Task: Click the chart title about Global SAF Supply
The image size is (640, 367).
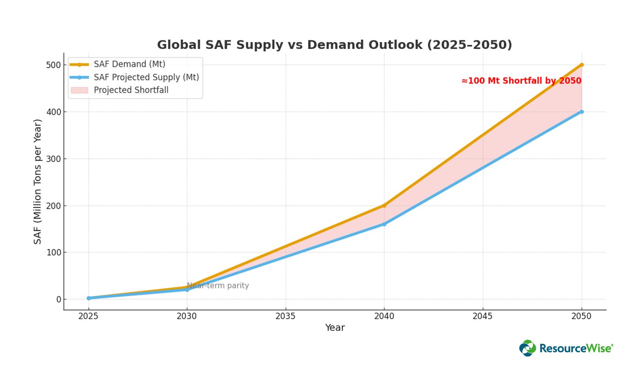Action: [334, 45]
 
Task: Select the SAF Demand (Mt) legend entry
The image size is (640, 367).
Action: [129, 65]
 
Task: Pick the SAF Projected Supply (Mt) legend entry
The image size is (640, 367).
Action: [146, 77]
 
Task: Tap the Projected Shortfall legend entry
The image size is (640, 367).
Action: [131, 90]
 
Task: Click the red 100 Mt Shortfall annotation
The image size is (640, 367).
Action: [521, 81]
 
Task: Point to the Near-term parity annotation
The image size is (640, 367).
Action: [218, 286]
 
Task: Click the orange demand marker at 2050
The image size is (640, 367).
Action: [581, 65]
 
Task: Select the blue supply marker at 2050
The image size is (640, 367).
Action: [581, 112]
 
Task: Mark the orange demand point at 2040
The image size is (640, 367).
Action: [384, 205]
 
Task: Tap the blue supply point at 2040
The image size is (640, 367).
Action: [384, 224]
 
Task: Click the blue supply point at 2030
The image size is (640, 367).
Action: [187, 290]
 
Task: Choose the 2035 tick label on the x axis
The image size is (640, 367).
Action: [286, 316]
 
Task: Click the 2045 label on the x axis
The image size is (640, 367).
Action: [483, 316]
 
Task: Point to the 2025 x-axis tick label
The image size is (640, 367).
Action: [89, 316]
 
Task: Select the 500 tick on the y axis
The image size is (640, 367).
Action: [53, 65]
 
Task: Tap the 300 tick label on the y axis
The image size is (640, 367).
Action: [53, 159]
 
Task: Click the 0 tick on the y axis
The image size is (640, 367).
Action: [59, 299]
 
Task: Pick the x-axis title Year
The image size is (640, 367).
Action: [335, 328]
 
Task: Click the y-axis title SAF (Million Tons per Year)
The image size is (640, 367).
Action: [37, 181]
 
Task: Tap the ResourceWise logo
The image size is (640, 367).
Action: [566, 348]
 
